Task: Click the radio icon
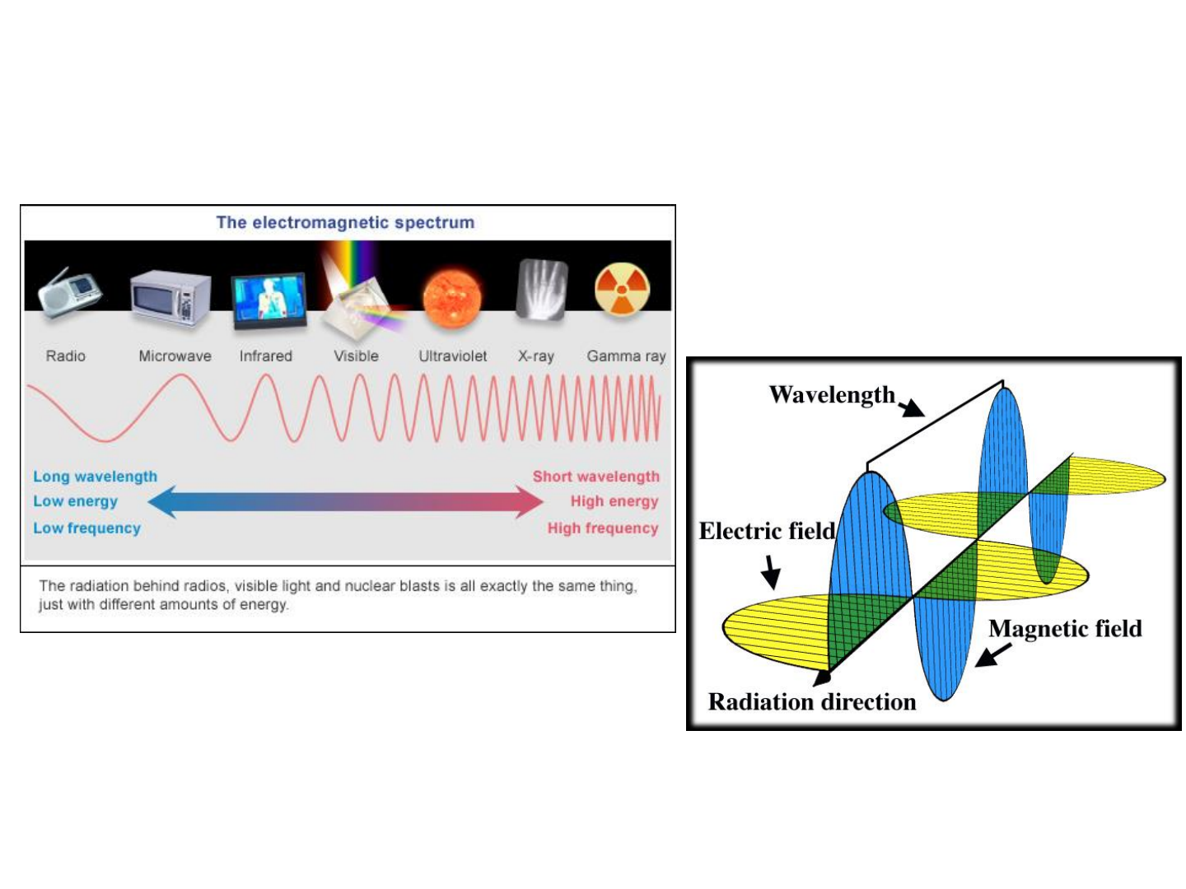[69, 293]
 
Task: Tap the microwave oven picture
[170, 299]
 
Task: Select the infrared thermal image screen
[269, 301]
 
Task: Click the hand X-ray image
[541, 289]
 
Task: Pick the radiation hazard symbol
[623, 289]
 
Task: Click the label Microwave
[175, 356]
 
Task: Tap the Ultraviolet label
[452, 356]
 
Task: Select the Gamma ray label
[626, 356]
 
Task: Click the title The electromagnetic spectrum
[345, 222]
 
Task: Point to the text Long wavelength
[95, 476]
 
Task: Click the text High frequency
[603, 528]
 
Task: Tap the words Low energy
[75, 501]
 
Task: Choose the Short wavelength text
[595, 476]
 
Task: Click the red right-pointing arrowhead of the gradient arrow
[529, 501]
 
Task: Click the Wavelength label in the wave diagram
[832, 395]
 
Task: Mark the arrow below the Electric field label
[771, 571]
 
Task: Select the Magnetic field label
[1065, 629]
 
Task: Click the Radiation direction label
[812, 702]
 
